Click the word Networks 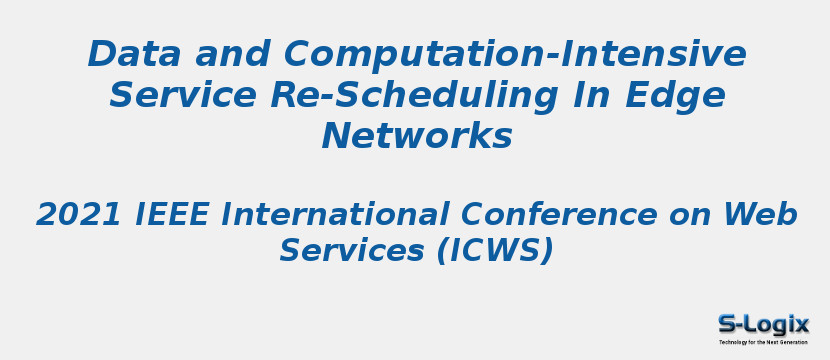click(416, 136)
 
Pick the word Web click(760, 214)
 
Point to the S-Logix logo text click(763, 324)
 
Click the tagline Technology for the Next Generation click(763, 342)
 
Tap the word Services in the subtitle click(352, 250)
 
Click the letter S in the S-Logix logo click(728, 324)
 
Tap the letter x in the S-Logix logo click(800, 324)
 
